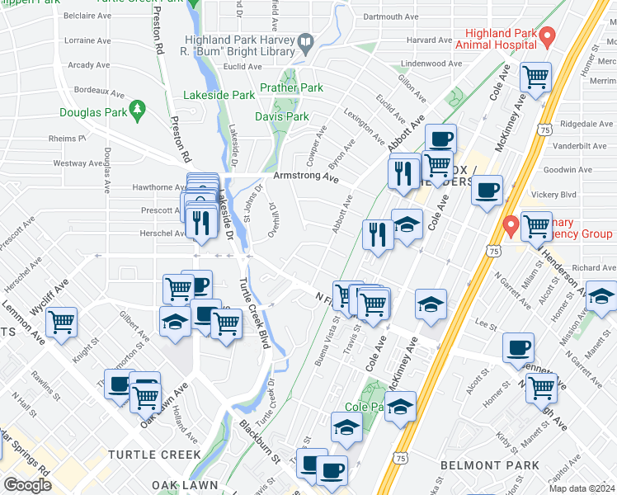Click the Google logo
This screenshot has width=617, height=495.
click(27, 485)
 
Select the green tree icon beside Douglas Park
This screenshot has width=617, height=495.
click(139, 108)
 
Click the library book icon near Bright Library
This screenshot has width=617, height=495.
click(306, 40)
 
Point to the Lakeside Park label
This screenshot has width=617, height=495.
click(219, 95)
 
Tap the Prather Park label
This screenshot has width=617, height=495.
click(291, 87)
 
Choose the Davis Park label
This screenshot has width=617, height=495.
click(281, 116)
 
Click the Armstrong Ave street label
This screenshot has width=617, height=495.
click(306, 177)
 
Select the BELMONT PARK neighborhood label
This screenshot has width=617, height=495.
click(490, 465)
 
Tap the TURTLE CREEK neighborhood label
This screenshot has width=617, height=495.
click(153, 455)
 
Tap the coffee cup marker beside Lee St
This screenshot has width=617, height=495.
click(518, 346)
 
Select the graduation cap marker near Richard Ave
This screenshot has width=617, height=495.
click(602, 295)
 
